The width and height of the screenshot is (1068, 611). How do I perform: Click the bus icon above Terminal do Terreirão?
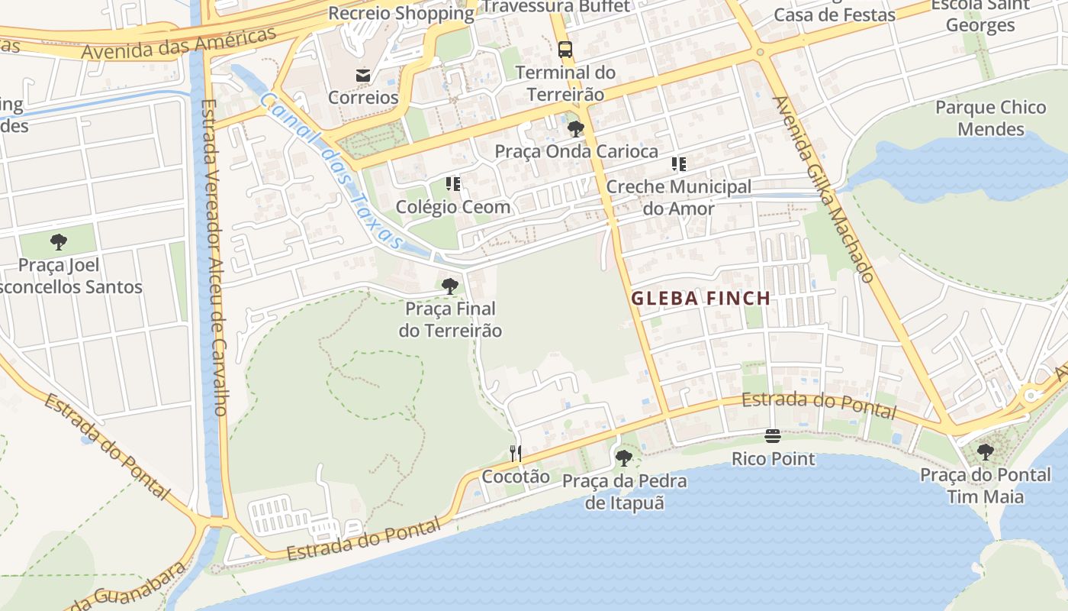[565, 50]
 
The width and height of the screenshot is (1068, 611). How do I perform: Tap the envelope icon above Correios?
[363, 75]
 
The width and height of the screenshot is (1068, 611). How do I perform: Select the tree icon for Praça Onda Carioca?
[576, 128]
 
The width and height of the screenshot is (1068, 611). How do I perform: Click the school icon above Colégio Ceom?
[453, 184]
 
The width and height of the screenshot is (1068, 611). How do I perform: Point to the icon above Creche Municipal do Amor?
[678, 164]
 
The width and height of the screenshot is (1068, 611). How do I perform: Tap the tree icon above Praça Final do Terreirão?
[450, 286]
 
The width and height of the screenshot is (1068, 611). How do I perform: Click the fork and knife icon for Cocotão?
[516, 454]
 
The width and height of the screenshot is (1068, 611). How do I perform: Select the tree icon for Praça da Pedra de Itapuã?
[624, 458]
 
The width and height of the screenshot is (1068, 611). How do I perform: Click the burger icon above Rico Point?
[773, 436]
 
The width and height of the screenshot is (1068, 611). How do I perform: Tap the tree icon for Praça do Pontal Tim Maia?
[986, 452]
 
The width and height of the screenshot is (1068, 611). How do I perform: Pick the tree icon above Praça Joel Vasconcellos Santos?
[59, 243]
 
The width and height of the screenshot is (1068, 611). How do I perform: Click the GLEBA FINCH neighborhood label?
[700, 299]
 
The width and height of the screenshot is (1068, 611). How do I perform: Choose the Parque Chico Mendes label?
[991, 118]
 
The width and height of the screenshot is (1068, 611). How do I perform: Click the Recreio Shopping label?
[401, 13]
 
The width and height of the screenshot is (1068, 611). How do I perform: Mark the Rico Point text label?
[773, 459]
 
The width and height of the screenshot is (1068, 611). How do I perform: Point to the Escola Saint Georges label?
[980, 15]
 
